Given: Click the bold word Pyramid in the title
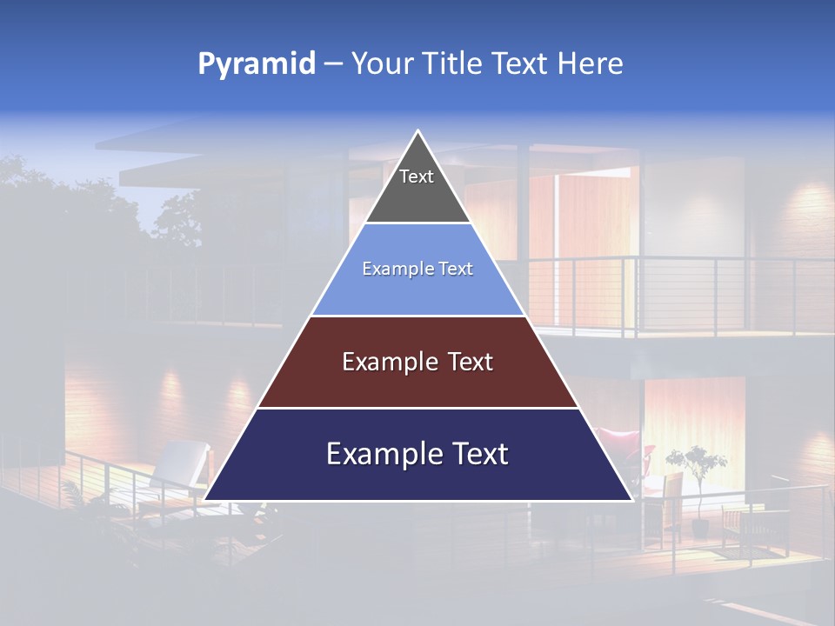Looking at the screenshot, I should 256,64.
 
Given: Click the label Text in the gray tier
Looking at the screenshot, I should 417,176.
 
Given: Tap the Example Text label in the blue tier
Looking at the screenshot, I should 417,269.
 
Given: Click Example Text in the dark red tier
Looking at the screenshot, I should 417,362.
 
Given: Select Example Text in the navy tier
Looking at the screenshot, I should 417,454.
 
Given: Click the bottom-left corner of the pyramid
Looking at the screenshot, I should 205,499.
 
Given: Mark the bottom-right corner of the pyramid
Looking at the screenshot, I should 631,499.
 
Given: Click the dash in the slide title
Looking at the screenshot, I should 333,64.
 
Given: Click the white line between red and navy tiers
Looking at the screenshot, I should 417,408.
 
